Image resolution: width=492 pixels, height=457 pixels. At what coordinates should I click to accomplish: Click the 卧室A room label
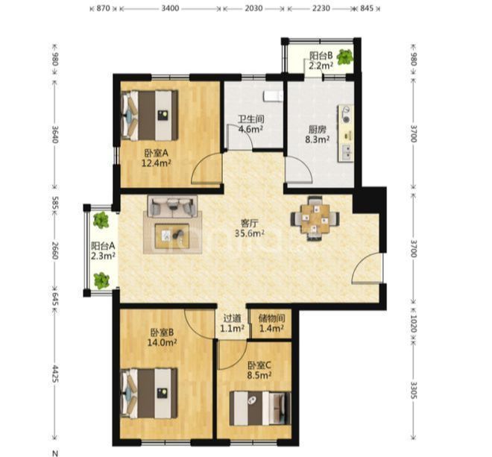(x=157, y=153)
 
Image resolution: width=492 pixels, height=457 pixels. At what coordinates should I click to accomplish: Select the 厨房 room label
(x=318, y=129)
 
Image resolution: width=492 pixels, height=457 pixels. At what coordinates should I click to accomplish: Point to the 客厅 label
(x=250, y=224)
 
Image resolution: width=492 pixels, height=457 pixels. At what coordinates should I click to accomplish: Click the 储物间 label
(x=272, y=318)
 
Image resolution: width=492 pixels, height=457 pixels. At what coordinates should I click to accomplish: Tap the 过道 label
(x=232, y=318)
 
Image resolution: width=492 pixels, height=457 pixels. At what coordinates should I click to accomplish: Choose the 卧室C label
(x=259, y=365)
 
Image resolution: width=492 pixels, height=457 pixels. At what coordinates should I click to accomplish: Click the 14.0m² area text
(x=162, y=342)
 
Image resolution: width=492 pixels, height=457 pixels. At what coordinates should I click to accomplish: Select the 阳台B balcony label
(x=321, y=56)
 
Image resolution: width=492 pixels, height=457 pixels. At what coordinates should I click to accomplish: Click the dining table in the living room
(x=315, y=218)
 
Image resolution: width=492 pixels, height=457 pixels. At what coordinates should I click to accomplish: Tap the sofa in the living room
(x=172, y=207)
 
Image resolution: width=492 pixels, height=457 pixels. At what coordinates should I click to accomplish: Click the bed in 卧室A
(x=150, y=116)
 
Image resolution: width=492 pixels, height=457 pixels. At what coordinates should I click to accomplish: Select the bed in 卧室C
(x=260, y=408)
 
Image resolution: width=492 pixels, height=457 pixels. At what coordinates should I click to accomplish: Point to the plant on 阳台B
(x=345, y=57)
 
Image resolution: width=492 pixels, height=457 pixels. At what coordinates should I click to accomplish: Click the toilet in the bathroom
(x=273, y=95)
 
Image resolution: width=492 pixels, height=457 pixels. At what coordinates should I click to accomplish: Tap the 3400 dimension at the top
(x=170, y=8)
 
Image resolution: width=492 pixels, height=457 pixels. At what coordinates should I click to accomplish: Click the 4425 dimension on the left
(x=55, y=374)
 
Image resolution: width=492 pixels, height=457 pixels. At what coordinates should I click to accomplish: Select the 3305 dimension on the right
(x=414, y=390)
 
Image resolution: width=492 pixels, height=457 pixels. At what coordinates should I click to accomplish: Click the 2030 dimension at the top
(x=253, y=8)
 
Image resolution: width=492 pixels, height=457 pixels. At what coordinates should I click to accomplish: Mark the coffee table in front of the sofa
(x=172, y=236)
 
